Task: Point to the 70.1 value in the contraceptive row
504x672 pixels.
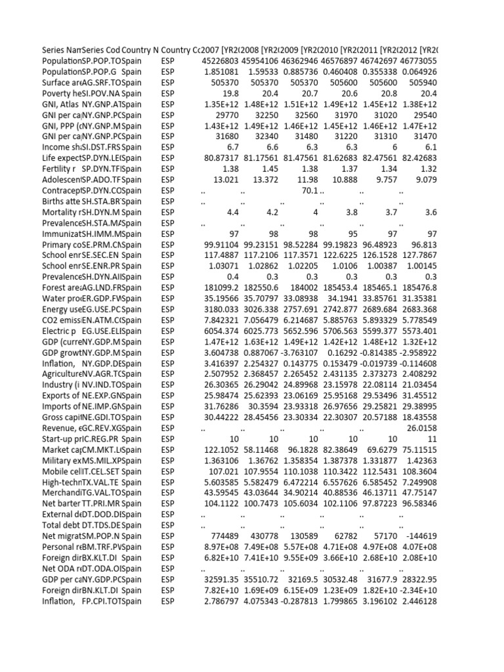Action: [303, 190]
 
